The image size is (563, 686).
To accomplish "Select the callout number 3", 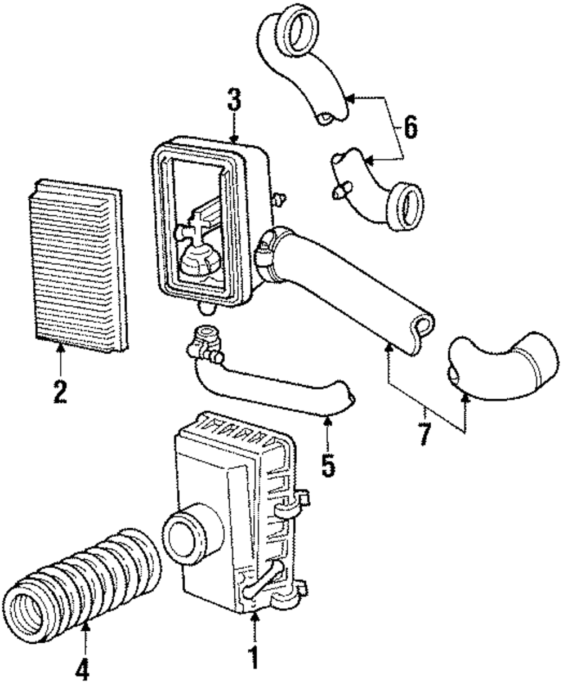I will pyautogui.click(x=234, y=101).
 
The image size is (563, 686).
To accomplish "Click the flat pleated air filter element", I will pyautogui.click(x=76, y=265).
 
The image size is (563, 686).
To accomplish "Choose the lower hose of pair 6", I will pyautogui.click(x=377, y=189).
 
